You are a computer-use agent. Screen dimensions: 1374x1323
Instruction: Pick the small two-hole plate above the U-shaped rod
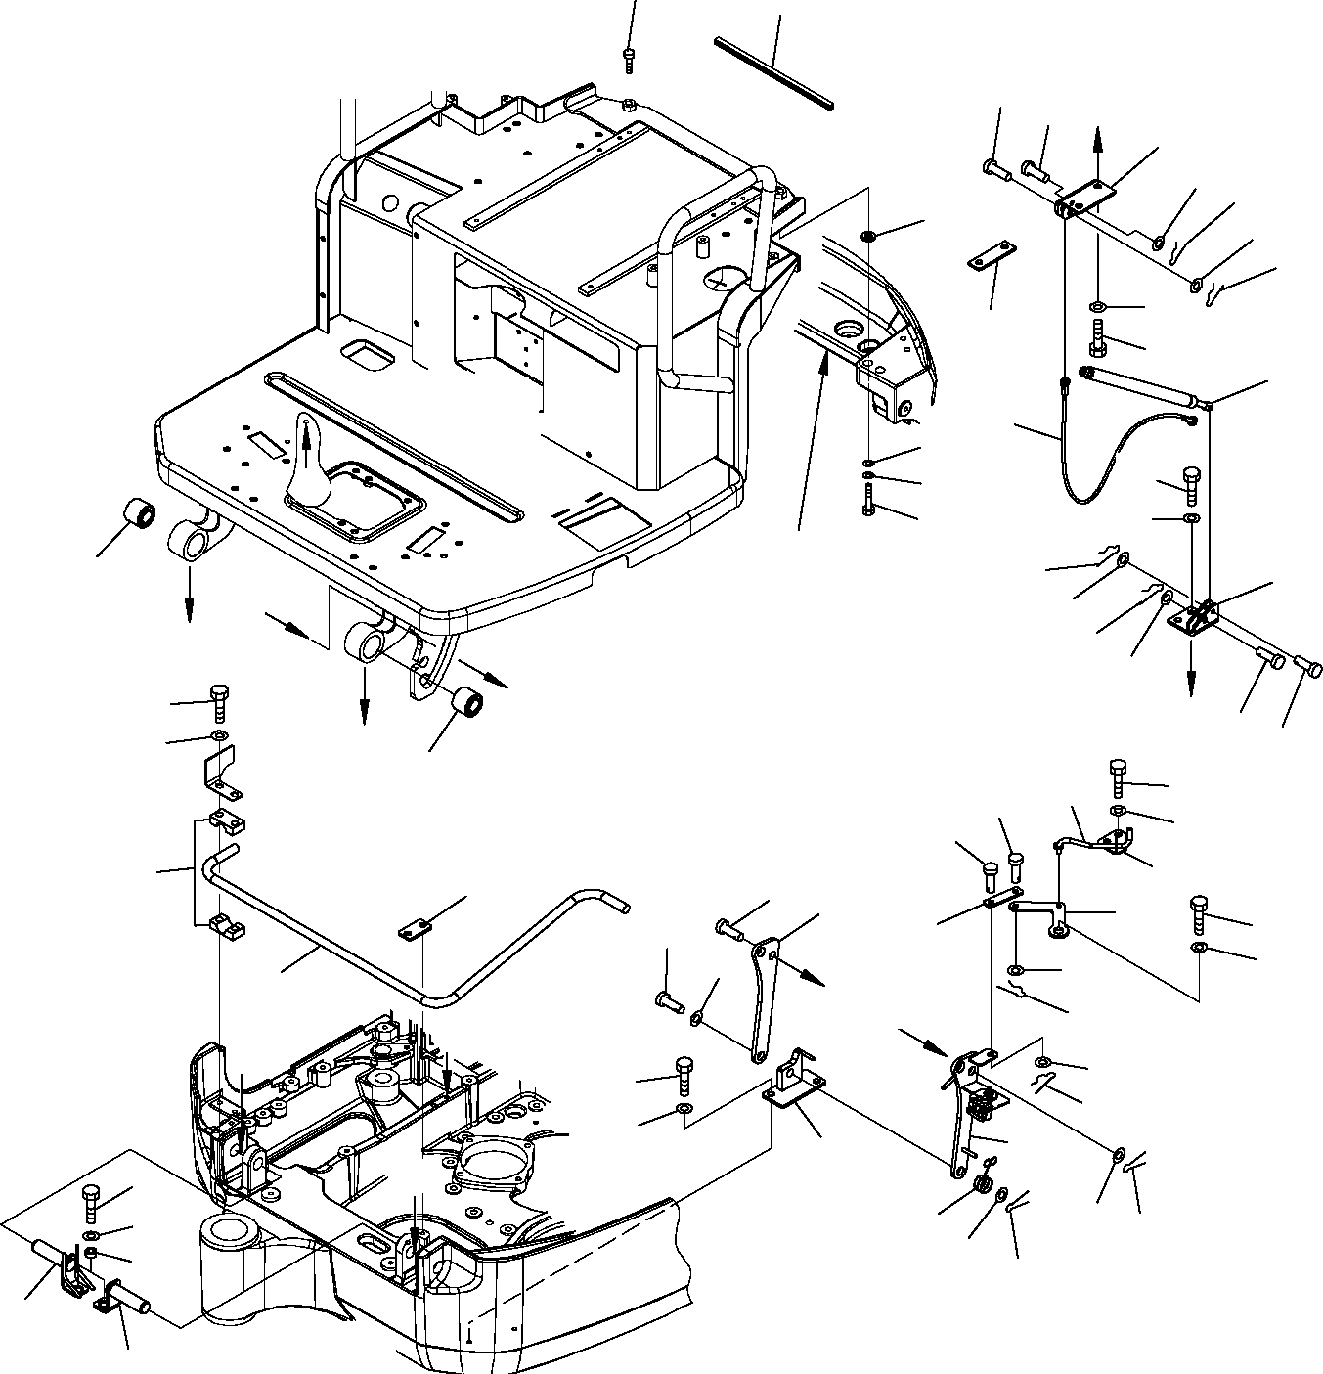click(x=416, y=929)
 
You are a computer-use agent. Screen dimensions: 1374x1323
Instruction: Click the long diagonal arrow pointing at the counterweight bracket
click(x=813, y=440)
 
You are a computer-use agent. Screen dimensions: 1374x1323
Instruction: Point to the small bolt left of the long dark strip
click(x=629, y=59)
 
